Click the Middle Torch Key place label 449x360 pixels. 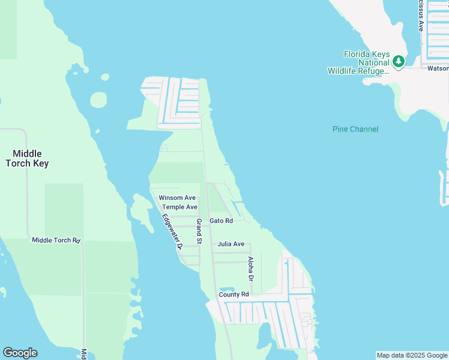pyautogui.click(x=27, y=158)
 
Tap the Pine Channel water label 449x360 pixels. pyautogui.click(x=355, y=129)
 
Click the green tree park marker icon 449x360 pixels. pyautogui.click(x=398, y=61)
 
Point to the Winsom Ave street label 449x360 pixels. pyautogui.click(x=177, y=198)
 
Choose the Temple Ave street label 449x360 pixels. pyautogui.click(x=179, y=207)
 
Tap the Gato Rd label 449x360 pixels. pyautogui.click(x=221, y=221)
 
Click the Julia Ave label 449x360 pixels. pyautogui.click(x=231, y=244)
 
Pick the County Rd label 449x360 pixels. pyautogui.click(x=234, y=295)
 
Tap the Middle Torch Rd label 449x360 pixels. pyautogui.click(x=56, y=241)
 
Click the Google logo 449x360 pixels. pyautogui.click(x=20, y=353)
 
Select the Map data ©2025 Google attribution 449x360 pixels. pyautogui.click(x=411, y=355)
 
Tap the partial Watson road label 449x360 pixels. pyautogui.click(x=438, y=68)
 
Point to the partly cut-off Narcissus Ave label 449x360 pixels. pyautogui.click(x=421, y=16)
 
